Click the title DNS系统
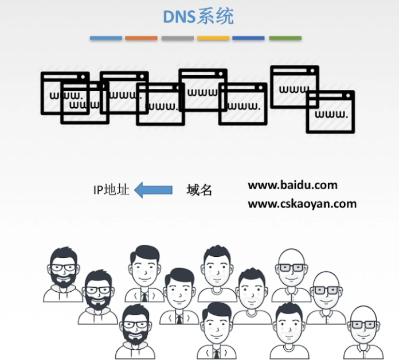click(x=198, y=17)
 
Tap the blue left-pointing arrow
click(x=153, y=190)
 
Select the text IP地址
click(x=111, y=190)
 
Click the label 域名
click(x=199, y=190)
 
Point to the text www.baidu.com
click(x=292, y=185)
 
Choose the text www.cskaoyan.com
click(x=302, y=204)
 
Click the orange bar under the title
click(x=141, y=38)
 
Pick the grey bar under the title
click(x=177, y=38)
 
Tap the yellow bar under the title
click(x=213, y=38)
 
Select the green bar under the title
click(x=285, y=38)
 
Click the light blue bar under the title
click(x=105, y=38)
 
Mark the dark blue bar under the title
click(x=249, y=38)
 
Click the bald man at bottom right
click(x=362, y=332)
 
